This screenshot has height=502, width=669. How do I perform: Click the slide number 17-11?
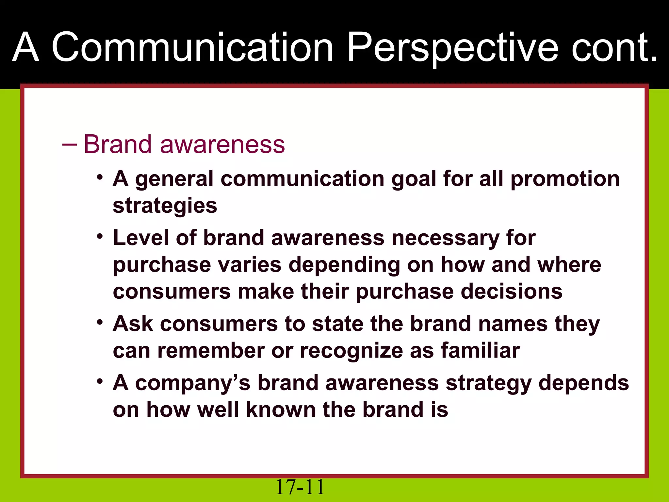tap(300, 487)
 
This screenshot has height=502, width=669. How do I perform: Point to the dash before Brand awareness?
tap(69, 144)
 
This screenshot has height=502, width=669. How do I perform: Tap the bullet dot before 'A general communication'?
tap(100, 177)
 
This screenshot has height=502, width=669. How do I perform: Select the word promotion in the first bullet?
tap(565, 179)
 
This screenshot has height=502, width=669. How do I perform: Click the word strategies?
tap(165, 206)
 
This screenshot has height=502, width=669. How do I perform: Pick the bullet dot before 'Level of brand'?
tap(100, 236)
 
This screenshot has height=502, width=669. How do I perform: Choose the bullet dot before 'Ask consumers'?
tap(100, 322)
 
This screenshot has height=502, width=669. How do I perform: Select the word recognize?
tap(351, 351)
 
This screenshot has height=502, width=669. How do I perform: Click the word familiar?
tap(480, 351)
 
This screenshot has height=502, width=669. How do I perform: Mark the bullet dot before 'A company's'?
tap(100, 381)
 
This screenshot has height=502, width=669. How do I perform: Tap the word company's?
tap(193, 383)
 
